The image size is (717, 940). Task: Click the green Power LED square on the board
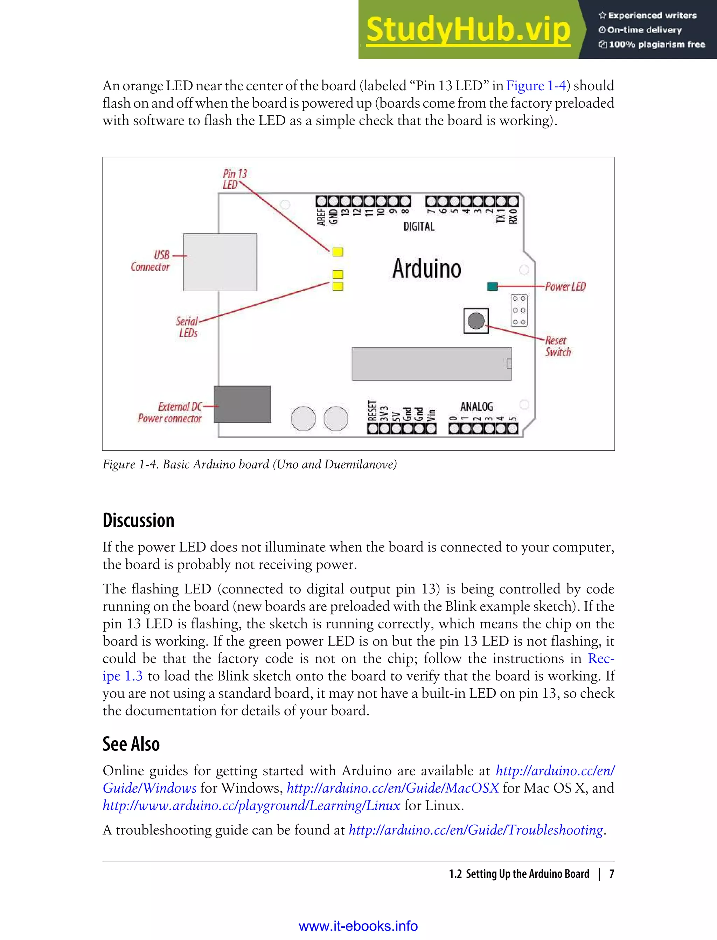click(x=492, y=286)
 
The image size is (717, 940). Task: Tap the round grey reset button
click(x=476, y=321)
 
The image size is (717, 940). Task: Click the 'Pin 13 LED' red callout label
click(x=234, y=179)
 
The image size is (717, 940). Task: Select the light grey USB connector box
click(x=220, y=262)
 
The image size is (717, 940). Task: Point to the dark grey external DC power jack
click(x=242, y=404)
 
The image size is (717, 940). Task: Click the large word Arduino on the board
click(x=426, y=269)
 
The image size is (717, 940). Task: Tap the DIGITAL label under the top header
click(x=419, y=226)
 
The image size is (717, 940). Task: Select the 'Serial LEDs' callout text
click(x=187, y=327)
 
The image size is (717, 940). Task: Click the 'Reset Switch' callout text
click(x=557, y=346)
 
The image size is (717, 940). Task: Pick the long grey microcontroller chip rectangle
click(x=431, y=364)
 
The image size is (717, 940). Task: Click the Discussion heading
click(x=138, y=520)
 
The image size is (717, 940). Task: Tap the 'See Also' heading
click(x=131, y=744)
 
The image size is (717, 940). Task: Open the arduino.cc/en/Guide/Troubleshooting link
click(x=476, y=830)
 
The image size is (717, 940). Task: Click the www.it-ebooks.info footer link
click(x=358, y=926)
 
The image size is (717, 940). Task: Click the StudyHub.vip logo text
click(x=468, y=30)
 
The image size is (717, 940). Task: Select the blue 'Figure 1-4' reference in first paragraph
click(x=536, y=86)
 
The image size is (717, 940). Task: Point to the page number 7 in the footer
click(x=611, y=874)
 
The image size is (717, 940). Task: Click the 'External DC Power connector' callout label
click(x=170, y=412)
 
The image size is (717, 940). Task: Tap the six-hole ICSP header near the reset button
click(x=519, y=310)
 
